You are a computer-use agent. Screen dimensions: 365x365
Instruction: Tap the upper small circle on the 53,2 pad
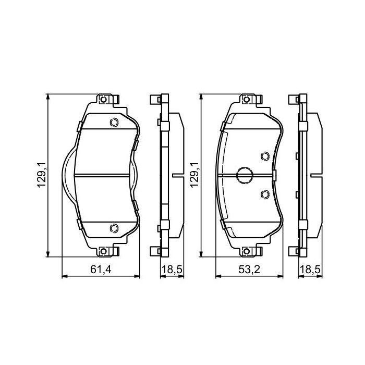264,155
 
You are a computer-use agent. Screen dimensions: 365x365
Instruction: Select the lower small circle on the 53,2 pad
264,194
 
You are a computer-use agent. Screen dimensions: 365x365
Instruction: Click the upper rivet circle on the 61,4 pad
113,123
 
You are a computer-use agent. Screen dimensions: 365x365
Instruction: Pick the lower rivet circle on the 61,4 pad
113,227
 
